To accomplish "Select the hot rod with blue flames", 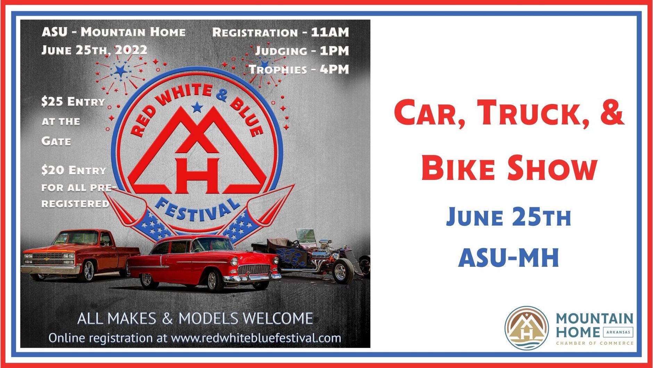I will (313, 257).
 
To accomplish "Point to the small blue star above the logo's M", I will (197, 107).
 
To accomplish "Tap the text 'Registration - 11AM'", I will (280, 32).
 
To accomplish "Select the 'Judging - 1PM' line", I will (301, 51).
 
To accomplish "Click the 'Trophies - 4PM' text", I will (299, 69).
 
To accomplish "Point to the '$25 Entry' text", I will (73, 102).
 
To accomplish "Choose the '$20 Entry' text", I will (74, 170).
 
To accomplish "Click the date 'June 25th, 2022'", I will (94, 50).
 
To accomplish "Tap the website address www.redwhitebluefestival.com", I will (256, 338).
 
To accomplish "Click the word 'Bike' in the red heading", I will (458, 169).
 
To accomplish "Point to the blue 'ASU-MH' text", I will (509, 258).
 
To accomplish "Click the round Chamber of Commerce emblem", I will (527, 328).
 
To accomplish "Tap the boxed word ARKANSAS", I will (618, 332).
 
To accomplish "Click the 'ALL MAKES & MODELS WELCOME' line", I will (195, 319).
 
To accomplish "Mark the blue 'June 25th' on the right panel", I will (509, 217).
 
